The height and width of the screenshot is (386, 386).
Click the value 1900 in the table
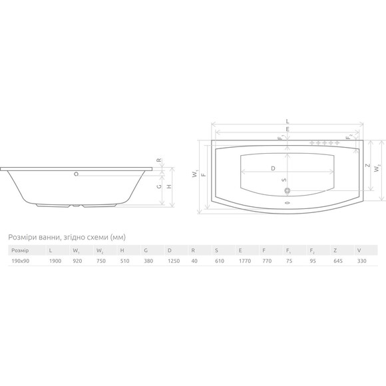point(55,261)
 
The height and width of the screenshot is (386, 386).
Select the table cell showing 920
point(77,261)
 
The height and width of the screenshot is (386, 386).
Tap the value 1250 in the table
point(174,261)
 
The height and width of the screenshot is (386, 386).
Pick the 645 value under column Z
point(338,261)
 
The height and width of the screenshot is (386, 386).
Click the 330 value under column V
point(362,261)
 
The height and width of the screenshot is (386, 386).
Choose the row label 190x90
point(21,261)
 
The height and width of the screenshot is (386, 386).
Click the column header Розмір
point(20,251)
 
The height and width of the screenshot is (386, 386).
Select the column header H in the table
point(122,251)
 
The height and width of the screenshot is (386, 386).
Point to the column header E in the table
point(240,251)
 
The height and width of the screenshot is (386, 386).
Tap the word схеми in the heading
point(97,237)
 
